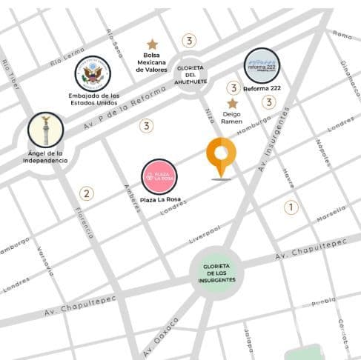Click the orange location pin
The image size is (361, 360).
[221, 156]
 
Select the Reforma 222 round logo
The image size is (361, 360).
[262, 66]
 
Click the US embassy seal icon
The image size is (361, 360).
[93, 74]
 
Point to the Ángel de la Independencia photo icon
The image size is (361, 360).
[46, 130]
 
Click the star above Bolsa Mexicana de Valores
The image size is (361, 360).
[152, 44]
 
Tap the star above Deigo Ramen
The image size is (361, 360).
[232, 104]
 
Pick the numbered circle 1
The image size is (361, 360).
[291, 207]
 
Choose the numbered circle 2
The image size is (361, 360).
[87, 194]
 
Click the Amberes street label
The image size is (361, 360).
[132, 197]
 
